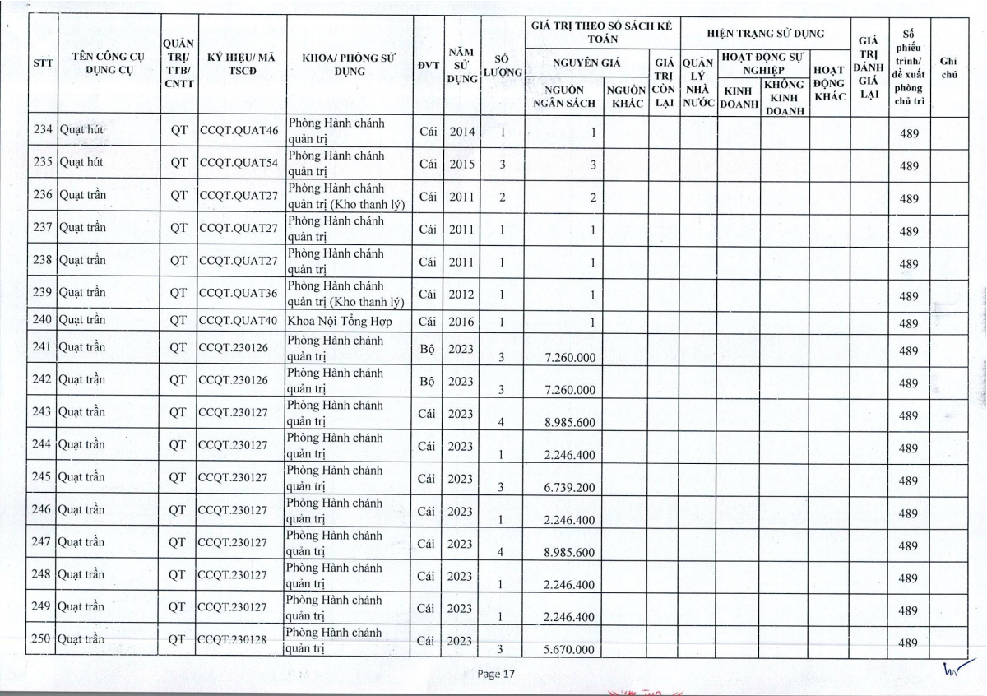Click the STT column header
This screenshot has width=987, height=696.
(x=43, y=63)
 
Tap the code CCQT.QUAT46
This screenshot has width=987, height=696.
(x=239, y=131)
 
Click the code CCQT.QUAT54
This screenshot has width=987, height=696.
(x=239, y=163)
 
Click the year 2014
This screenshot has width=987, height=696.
(x=462, y=132)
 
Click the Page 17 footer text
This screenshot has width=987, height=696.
(x=495, y=674)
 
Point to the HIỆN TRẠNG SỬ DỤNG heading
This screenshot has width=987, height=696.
(x=766, y=34)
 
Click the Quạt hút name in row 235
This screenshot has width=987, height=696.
(x=81, y=162)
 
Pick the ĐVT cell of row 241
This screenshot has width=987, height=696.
(x=427, y=349)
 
